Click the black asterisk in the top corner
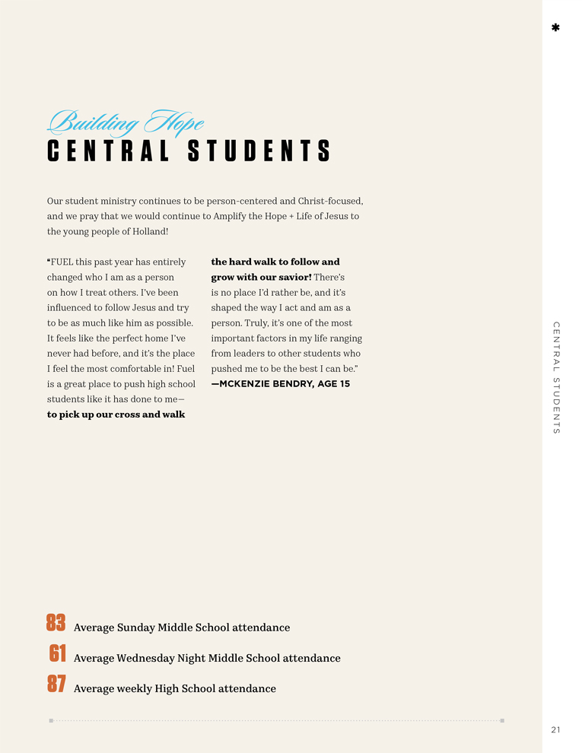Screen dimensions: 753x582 [x=555, y=28]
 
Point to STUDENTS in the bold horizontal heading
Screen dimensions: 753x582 [x=259, y=151]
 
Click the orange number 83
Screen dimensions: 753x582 [x=56, y=624]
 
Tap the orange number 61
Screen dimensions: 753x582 [x=58, y=654]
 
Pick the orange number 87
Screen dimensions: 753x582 [x=56, y=685]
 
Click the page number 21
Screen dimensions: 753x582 [x=555, y=730]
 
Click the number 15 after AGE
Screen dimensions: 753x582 [x=345, y=384]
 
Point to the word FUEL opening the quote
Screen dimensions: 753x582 [x=63, y=262]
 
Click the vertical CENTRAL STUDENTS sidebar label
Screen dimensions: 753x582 [x=556, y=378]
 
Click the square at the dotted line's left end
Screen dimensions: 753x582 [x=51, y=720]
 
